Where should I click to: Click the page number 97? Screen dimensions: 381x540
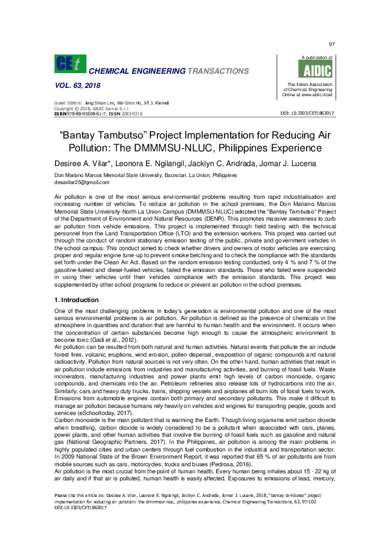point(332,44)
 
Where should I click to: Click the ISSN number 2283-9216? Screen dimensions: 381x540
point(130,114)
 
